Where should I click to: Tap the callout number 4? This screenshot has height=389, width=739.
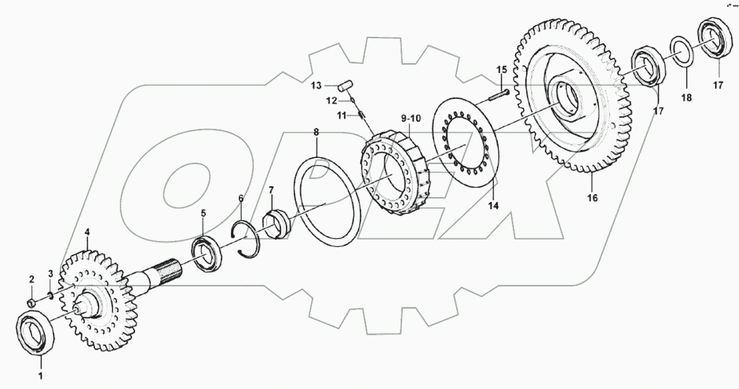click(87, 232)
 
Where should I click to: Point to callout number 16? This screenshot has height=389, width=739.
click(592, 198)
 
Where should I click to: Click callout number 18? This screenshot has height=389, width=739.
click(686, 98)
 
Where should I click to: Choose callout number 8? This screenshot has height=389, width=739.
click(316, 132)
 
